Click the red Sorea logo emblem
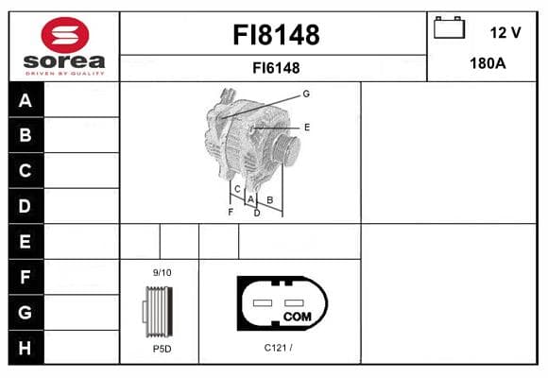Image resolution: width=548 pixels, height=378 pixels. [x=65, y=35]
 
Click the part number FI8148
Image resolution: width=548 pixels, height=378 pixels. [x=276, y=35]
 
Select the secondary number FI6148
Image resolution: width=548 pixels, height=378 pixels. [x=276, y=68]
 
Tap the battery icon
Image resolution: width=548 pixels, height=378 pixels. [x=449, y=27]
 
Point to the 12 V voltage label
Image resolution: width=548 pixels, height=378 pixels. [x=505, y=33]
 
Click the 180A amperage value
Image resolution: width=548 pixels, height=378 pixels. [x=488, y=63]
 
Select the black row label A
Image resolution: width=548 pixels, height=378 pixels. [x=26, y=100]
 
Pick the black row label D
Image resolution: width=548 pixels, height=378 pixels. [x=26, y=206]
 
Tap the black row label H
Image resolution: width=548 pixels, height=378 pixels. [x=26, y=348]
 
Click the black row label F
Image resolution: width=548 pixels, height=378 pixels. [x=26, y=277]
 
